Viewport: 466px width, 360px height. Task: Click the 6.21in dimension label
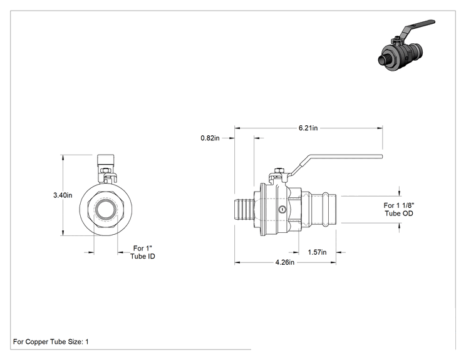(308, 128)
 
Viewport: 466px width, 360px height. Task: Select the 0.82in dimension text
(210, 138)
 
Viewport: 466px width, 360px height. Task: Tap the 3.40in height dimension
(63, 195)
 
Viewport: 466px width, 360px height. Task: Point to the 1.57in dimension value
(317, 252)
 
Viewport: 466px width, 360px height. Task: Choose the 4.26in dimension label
(285, 262)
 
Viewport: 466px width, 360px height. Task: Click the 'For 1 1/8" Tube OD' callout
(399, 209)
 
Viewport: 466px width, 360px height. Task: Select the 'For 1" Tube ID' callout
(143, 252)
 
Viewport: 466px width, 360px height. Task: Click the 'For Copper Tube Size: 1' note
(51, 342)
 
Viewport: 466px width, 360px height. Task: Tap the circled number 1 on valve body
(282, 209)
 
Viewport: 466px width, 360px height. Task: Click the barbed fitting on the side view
(244, 209)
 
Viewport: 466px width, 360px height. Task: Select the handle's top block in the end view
(105, 162)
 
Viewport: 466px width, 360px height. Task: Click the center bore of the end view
(105, 210)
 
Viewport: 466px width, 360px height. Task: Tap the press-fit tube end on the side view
(323, 209)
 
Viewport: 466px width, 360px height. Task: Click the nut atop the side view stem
(279, 170)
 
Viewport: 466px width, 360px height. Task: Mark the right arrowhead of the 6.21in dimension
(380, 128)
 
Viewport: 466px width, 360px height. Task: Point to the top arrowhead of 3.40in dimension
(63, 157)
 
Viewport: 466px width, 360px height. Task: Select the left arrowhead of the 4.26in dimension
(237, 262)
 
